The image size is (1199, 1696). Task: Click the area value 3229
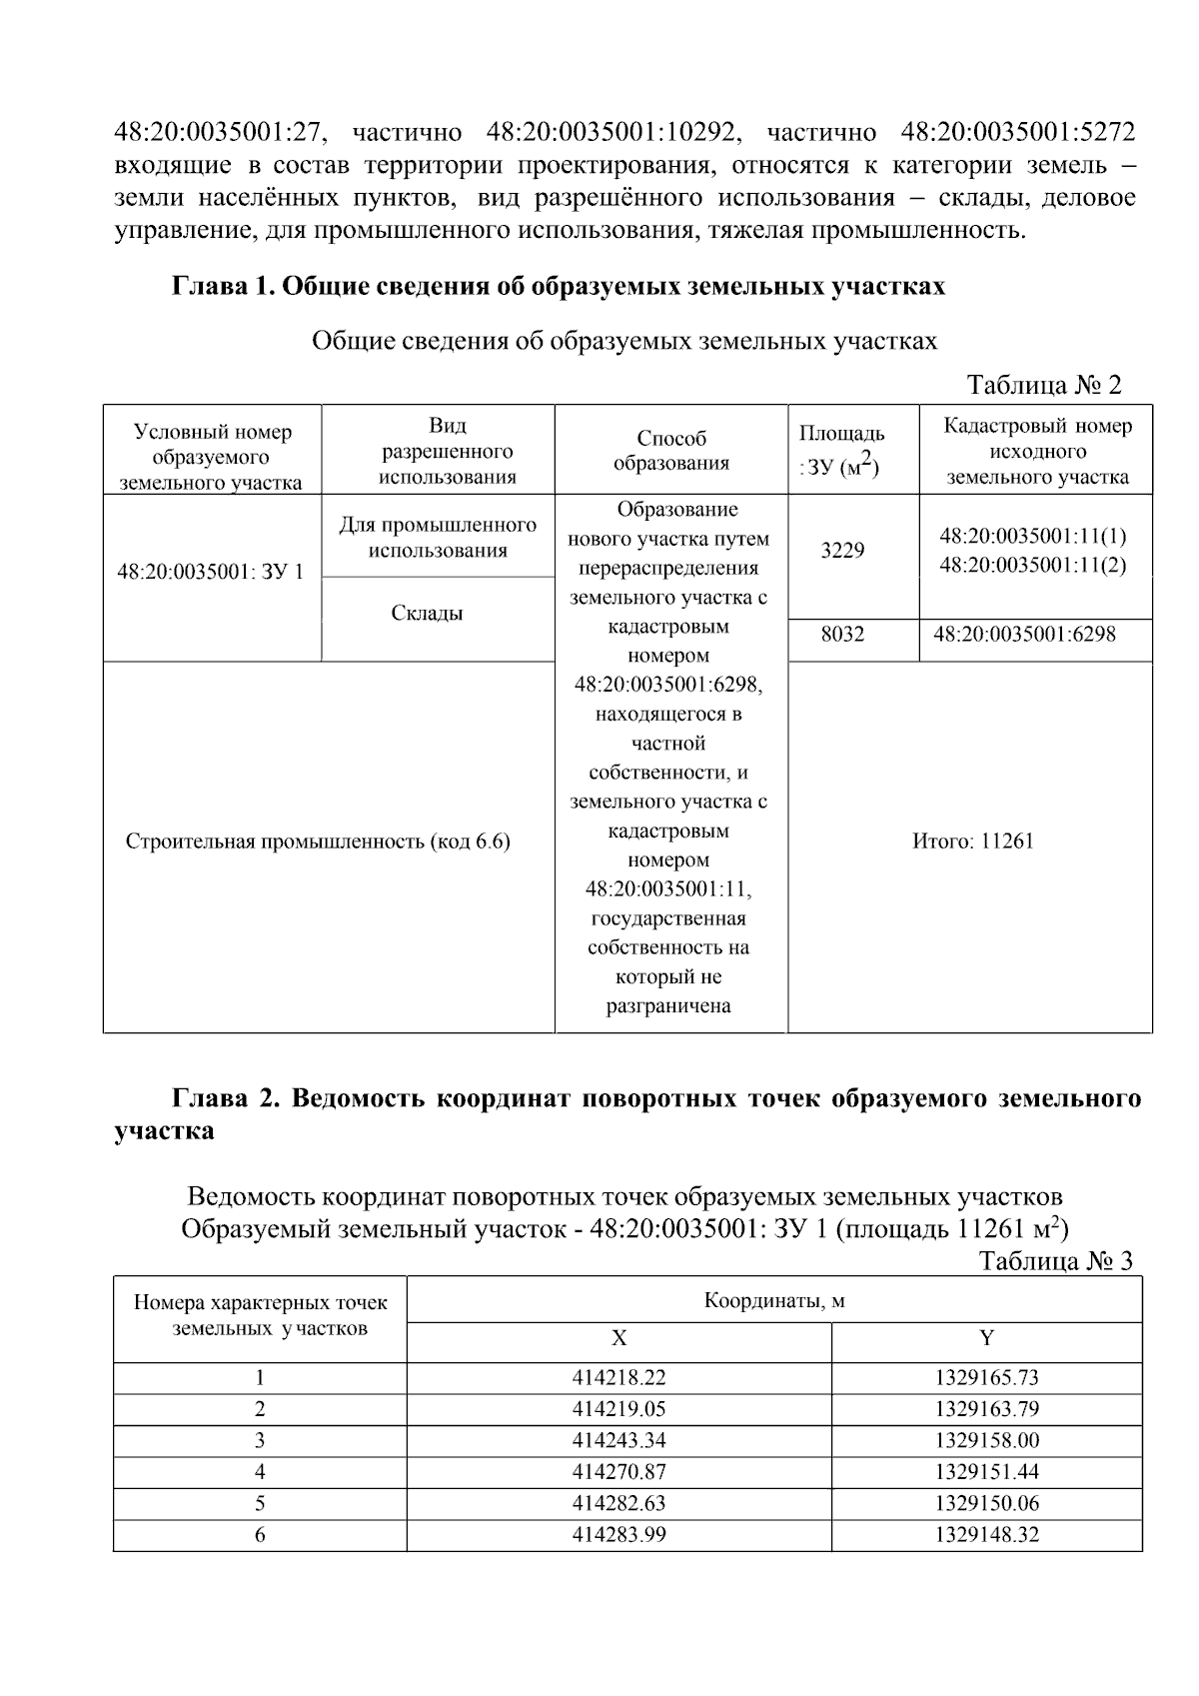tap(842, 551)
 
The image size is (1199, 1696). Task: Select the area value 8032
tap(842, 634)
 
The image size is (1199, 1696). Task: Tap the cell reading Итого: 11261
tap(972, 841)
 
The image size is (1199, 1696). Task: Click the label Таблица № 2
tap(1044, 385)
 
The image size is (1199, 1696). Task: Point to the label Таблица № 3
tap(1055, 1260)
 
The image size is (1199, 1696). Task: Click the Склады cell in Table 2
tap(427, 614)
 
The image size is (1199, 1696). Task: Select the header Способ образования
tap(670, 451)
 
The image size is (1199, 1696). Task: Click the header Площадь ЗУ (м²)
tap(841, 450)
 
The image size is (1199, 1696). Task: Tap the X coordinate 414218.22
tap(618, 1377)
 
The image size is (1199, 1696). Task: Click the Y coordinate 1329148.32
tap(986, 1534)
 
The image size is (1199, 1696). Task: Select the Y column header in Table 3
tap(986, 1338)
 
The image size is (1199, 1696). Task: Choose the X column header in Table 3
tap(618, 1338)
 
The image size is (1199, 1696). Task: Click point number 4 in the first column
tap(260, 1471)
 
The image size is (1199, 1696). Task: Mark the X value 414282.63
tap(618, 1503)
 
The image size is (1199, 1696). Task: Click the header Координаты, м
tap(774, 1300)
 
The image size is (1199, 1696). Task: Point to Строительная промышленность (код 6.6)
tap(318, 842)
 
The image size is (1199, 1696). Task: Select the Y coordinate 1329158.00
tap(986, 1440)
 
